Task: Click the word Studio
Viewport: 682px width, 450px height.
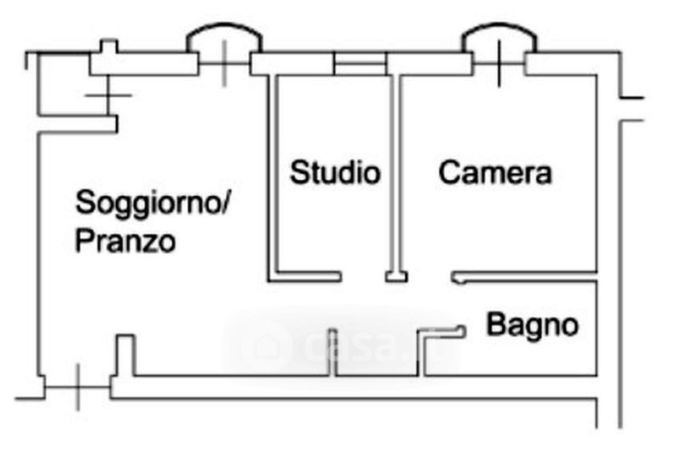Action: pyautogui.click(x=335, y=173)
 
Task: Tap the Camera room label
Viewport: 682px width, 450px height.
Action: pyautogui.click(x=495, y=173)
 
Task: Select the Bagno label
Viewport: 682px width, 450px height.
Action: pyautogui.click(x=533, y=325)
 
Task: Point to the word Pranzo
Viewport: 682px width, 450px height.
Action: pyautogui.click(x=125, y=241)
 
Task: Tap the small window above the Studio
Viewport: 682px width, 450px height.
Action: pyautogui.click(x=359, y=63)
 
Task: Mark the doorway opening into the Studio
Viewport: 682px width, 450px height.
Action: pyautogui.click(x=364, y=277)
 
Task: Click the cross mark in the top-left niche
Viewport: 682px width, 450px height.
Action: pyautogui.click(x=107, y=95)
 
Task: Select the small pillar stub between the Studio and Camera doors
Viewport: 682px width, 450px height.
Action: pyautogui.click(x=396, y=276)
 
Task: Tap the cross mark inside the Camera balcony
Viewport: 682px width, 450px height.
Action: pyautogui.click(x=499, y=61)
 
